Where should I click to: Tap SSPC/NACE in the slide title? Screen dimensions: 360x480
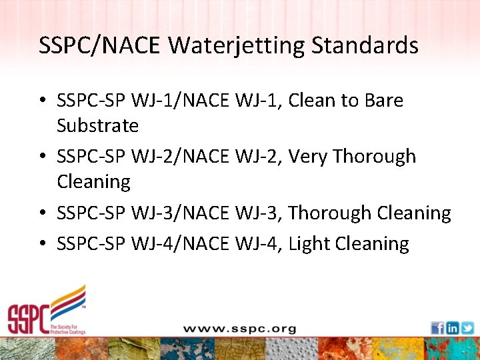pyautogui.click(x=100, y=45)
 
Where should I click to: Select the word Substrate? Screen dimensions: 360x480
pyautogui.click(x=97, y=125)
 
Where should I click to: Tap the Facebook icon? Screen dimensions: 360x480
pyautogui.click(x=437, y=328)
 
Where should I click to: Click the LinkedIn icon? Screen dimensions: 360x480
pyautogui.click(x=453, y=328)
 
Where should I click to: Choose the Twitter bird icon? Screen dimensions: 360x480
pyautogui.click(x=467, y=328)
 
